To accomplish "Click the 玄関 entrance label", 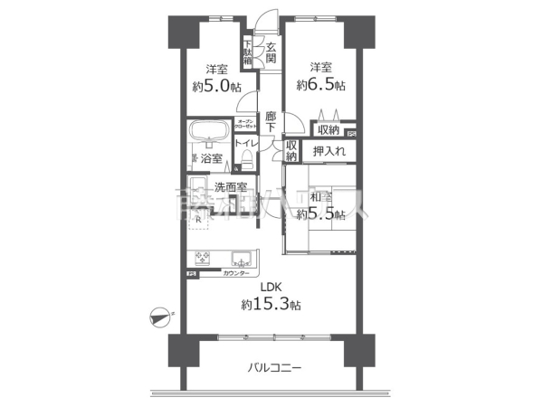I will point(271,53).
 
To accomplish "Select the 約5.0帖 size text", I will point(215,87).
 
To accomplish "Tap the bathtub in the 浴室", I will point(209,132).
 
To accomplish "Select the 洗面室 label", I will point(231,187).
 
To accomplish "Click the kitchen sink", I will point(241,257).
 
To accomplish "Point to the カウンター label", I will point(237,273).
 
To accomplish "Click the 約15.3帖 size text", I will point(266,305).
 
